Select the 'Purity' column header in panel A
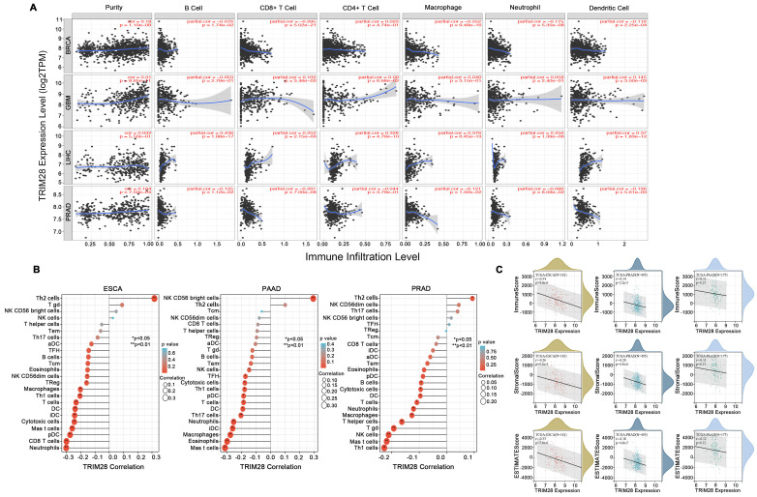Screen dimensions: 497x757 coord(111,9)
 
